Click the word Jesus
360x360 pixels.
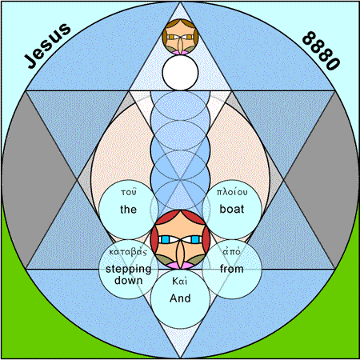[x=47, y=46]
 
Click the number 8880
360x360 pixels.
[x=321, y=50]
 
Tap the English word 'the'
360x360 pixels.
[x=128, y=210]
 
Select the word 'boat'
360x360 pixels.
[x=232, y=209]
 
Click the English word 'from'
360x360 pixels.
[x=232, y=269]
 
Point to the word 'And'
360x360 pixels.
[x=180, y=298]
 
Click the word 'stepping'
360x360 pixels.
[x=128, y=270]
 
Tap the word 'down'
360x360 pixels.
[x=128, y=281]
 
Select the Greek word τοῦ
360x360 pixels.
[x=129, y=192]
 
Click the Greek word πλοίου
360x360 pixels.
[x=232, y=192]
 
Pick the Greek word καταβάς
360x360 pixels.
[x=128, y=252]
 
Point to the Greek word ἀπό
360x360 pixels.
[x=232, y=251]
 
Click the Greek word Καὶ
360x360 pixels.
[x=180, y=281]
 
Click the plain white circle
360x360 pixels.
[x=180, y=73]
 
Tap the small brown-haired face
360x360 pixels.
[x=180, y=37]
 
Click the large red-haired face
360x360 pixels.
[x=180, y=239]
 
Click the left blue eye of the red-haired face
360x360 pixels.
[x=165, y=239]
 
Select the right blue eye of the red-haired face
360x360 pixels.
[x=195, y=239]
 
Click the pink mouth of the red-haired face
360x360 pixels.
[x=180, y=266]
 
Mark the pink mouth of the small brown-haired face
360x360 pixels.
[x=180, y=53]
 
